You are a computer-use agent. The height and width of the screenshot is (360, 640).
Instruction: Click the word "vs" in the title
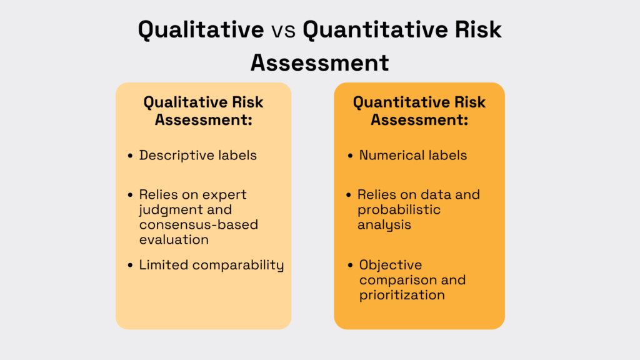point(281,30)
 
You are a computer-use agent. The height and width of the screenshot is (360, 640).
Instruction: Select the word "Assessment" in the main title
point(319,62)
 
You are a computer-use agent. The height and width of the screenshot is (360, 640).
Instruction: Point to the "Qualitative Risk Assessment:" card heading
point(203,110)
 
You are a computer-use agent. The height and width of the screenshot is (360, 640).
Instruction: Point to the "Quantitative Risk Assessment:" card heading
point(419,110)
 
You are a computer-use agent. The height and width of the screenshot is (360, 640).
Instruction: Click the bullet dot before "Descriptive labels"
point(130,156)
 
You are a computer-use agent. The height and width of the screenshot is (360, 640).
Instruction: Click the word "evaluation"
point(174,239)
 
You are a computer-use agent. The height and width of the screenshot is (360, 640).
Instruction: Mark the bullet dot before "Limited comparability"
point(130,266)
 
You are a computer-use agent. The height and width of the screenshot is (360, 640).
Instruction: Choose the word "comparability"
point(238,265)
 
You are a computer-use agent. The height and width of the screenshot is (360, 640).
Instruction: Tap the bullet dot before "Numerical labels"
point(350,156)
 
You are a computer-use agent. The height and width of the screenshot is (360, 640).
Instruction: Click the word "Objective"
point(391,265)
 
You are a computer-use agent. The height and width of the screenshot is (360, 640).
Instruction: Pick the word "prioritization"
point(402,294)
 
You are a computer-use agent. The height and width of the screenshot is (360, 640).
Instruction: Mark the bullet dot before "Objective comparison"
point(350,266)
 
